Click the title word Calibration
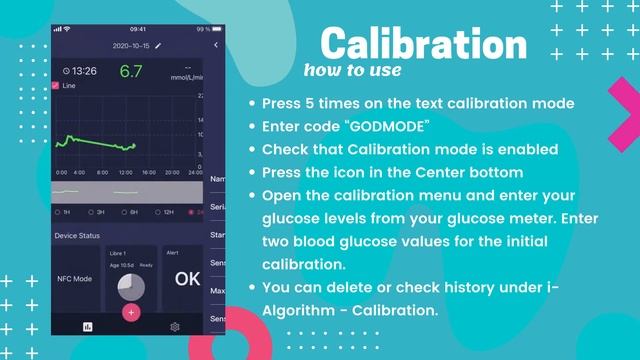point(424,44)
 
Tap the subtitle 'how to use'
point(352,70)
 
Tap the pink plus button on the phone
point(131,311)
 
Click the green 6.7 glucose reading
point(131,72)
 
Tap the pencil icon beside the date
point(157,46)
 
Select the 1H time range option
point(65,212)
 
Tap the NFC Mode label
point(75,279)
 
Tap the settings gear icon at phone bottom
point(175,327)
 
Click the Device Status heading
point(77,236)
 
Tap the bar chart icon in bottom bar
point(87,327)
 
